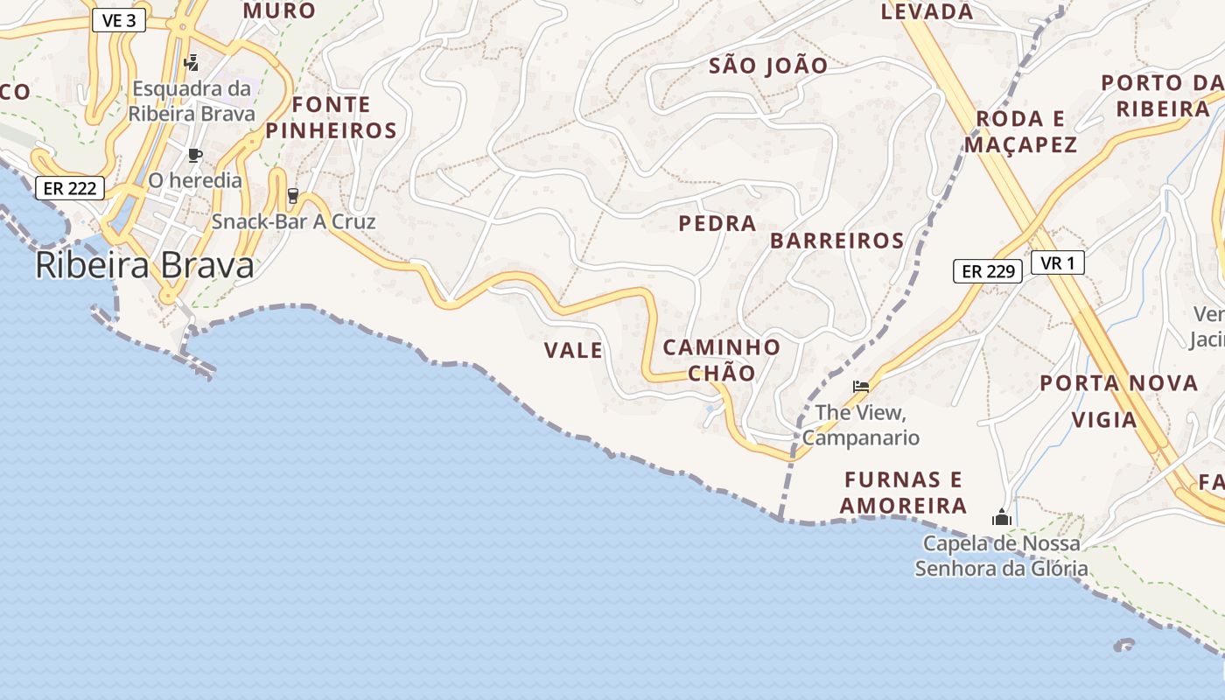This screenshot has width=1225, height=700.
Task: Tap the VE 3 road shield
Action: (118, 20)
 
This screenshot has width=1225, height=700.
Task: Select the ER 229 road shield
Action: (988, 271)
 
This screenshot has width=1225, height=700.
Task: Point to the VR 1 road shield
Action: (1057, 262)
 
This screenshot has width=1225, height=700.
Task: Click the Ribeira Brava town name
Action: (144, 266)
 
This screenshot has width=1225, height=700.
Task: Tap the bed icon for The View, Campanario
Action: (861, 386)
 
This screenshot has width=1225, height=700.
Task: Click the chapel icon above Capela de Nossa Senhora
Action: (1002, 517)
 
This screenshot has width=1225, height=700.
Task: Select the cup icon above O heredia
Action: (195, 156)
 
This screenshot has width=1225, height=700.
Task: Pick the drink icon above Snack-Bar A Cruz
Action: (292, 196)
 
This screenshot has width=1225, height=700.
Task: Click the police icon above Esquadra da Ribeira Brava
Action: (192, 62)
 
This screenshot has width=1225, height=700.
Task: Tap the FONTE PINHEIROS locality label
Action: (332, 118)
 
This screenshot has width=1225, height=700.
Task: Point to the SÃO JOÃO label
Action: (768, 66)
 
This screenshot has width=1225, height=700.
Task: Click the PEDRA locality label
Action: (717, 223)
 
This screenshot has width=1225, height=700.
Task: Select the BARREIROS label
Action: (837, 241)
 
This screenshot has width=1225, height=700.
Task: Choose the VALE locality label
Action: (573, 351)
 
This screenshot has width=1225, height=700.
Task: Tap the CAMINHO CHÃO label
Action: (722, 360)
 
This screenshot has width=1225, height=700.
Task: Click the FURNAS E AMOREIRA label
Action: (903, 493)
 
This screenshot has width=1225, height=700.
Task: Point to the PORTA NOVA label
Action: (1119, 382)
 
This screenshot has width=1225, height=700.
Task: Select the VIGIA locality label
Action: (1104, 420)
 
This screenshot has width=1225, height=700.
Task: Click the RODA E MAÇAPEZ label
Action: (1021, 131)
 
